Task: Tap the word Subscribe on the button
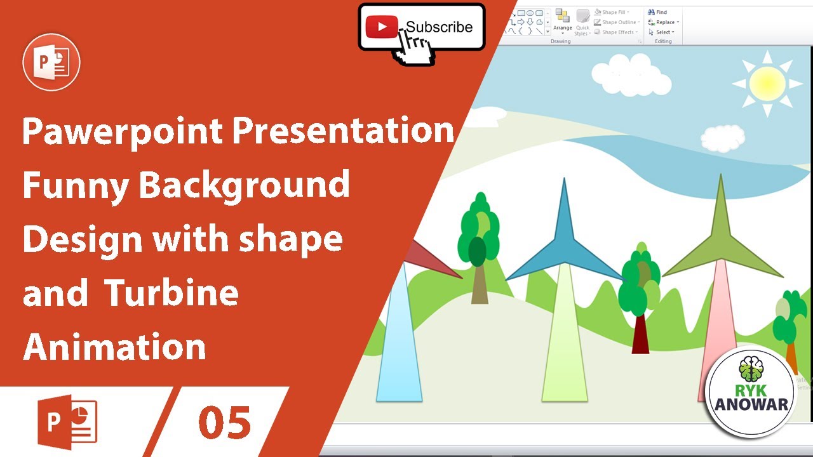pyautogui.click(x=440, y=27)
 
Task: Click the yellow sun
pyautogui.click(x=767, y=83)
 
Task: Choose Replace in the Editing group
pyautogui.click(x=664, y=22)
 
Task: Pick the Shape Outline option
pyautogui.click(x=617, y=22)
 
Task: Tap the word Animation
pyautogui.click(x=115, y=347)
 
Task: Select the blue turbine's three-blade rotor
pyautogui.click(x=563, y=244)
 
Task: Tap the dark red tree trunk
pyautogui.click(x=640, y=333)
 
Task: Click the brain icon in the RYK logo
pyautogui.click(x=751, y=369)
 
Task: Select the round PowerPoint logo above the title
pyautogui.click(x=51, y=62)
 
